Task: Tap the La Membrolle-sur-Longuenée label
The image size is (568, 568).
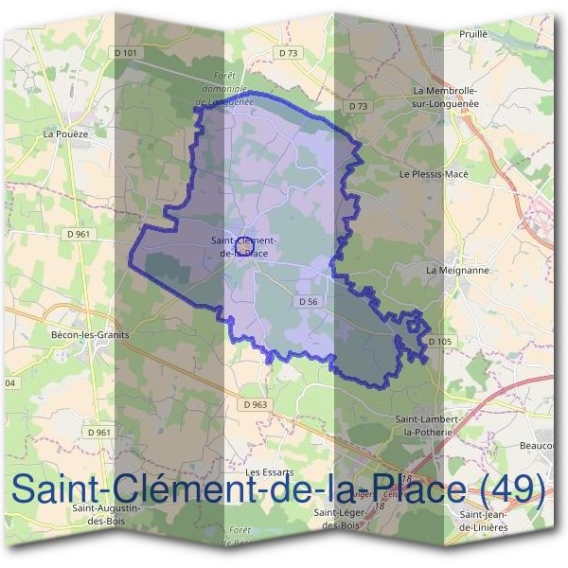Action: point(446,96)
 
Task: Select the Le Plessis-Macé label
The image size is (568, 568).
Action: point(434,174)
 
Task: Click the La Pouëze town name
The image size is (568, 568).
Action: point(64,134)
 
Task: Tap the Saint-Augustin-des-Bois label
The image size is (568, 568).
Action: point(107,513)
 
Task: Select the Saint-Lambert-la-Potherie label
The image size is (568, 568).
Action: point(427,424)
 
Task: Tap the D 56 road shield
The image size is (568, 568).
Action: point(306,301)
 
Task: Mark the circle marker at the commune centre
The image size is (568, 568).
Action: point(241,245)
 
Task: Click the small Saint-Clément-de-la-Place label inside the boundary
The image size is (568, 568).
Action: point(244,246)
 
